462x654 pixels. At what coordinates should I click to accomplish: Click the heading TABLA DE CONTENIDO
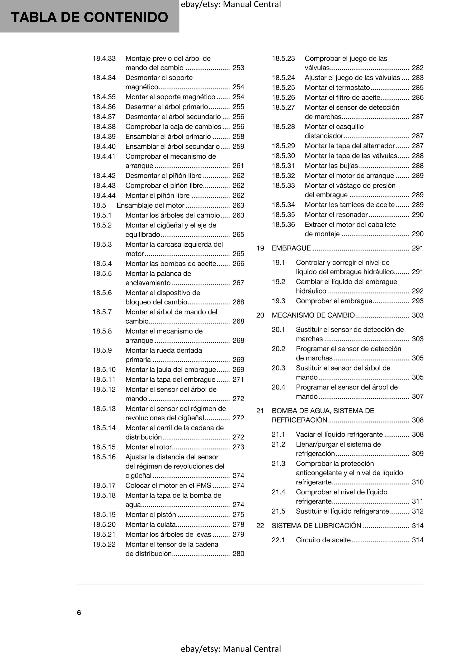point(90,17)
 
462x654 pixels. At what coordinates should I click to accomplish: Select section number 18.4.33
point(104,59)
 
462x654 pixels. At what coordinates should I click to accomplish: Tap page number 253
point(238,68)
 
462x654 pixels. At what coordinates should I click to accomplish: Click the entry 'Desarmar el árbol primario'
point(167,107)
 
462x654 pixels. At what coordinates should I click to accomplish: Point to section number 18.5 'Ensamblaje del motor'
point(99,205)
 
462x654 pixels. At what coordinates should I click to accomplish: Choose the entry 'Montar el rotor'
point(148,447)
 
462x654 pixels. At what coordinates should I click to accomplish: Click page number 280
point(238,554)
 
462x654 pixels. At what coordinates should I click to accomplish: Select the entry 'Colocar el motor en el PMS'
point(168,485)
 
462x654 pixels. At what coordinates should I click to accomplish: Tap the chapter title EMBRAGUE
point(291,248)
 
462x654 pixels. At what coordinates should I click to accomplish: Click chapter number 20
point(260,315)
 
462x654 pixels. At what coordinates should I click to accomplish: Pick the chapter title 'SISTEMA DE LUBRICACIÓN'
point(316,526)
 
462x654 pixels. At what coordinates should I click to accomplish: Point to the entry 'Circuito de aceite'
point(323,540)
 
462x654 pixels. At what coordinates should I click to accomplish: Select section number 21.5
point(278,511)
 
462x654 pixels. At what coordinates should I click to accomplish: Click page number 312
point(418,511)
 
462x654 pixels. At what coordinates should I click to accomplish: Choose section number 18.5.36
point(283,224)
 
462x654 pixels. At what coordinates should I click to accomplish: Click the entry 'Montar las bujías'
point(331,166)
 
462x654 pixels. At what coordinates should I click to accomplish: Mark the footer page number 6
point(79,612)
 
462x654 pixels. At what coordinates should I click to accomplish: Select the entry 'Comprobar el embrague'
point(334,301)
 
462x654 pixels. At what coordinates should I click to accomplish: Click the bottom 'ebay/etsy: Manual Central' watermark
point(231,649)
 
